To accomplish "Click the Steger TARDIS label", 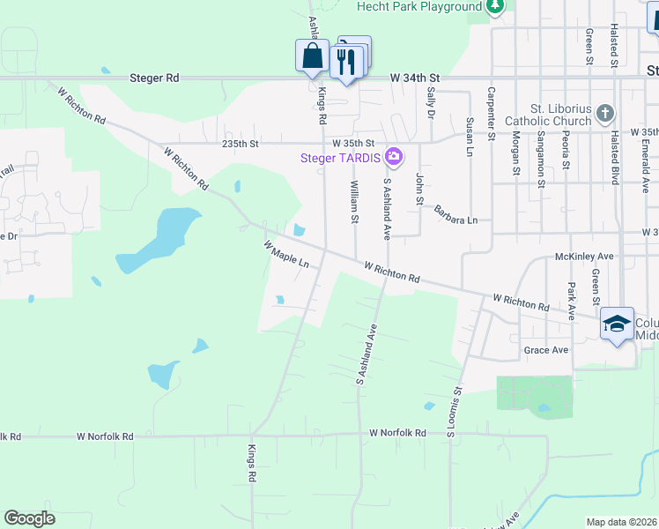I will coord(339,159).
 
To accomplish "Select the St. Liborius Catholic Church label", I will coord(548,114).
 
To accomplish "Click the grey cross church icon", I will coord(604,113).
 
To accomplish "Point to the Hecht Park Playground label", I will coord(418,7).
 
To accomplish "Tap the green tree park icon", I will coord(496,7).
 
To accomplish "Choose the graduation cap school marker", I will coord(618,324).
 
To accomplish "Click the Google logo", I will coord(30,518).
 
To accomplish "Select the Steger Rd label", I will coord(154,78).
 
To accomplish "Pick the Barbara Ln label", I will coord(455,214).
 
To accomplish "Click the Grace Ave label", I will coord(546,350).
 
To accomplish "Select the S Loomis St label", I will coord(455,412).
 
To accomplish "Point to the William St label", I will coord(355,202).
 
